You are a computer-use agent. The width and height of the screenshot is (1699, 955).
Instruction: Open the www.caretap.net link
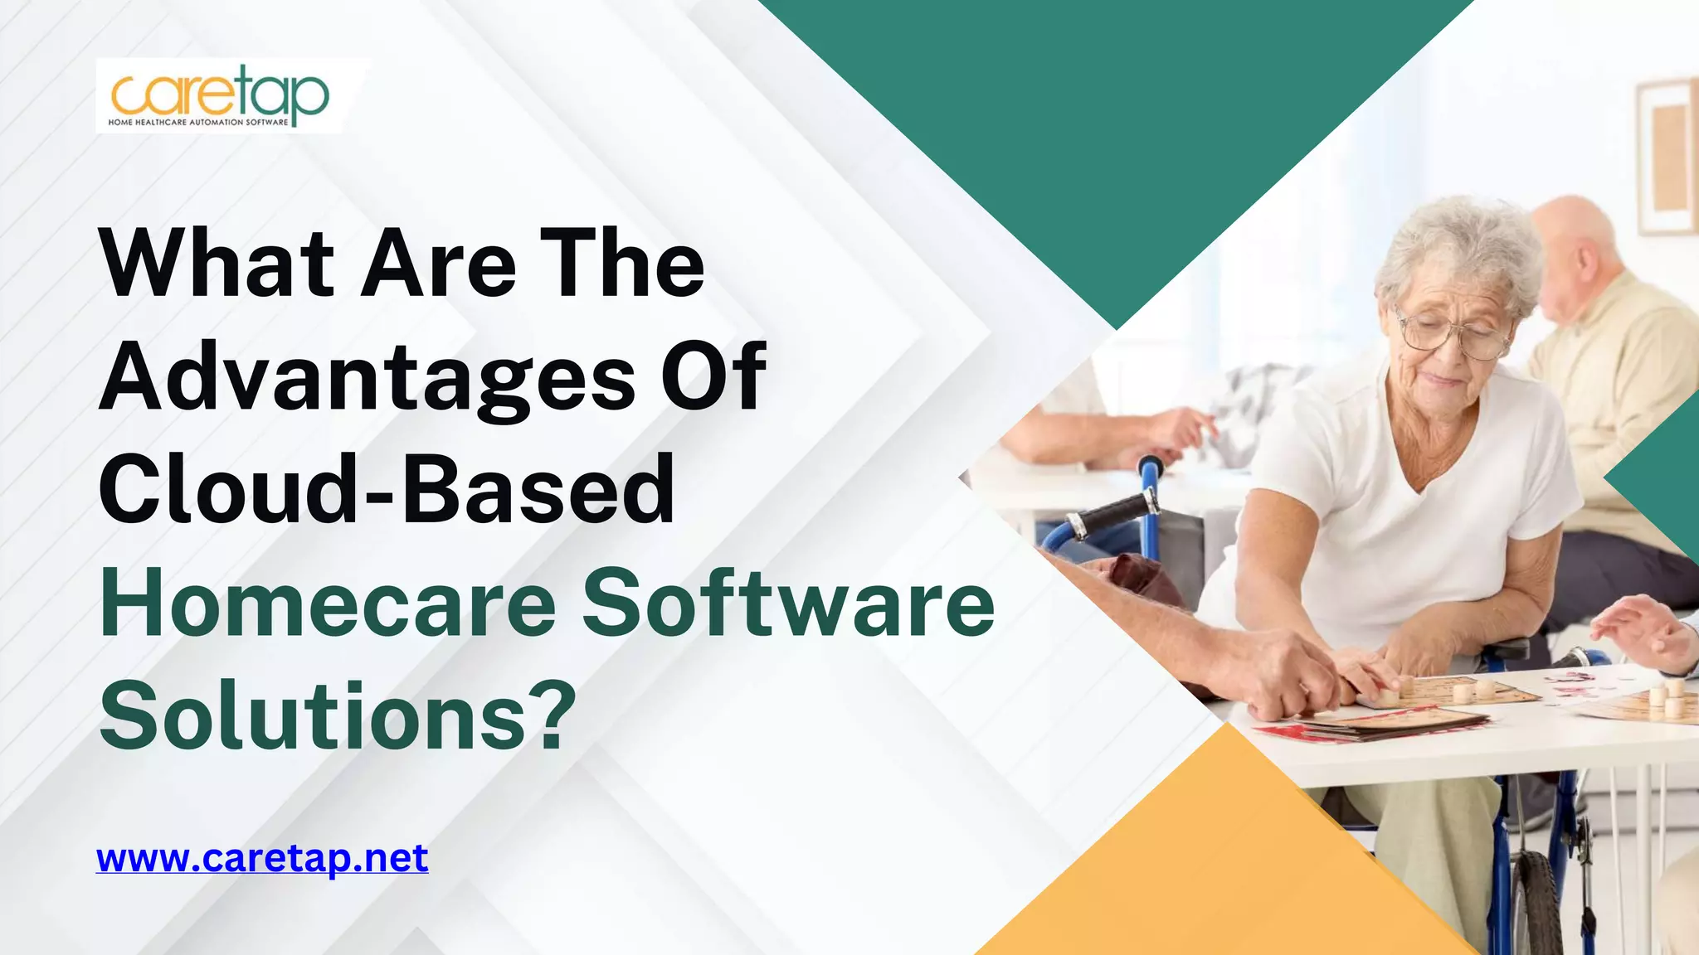pyautogui.click(x=262, y=858)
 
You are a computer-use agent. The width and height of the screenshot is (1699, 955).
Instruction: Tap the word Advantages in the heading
pyautogui.click(x=366, y=377)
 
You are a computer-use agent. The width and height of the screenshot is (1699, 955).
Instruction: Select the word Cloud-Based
pyautogui.click(x=386, y=489)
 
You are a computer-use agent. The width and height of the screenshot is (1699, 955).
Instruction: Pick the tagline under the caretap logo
pyautogui.click(x=198, y=123)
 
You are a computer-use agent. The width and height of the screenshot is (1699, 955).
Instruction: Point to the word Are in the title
pyautogui.click(x=439, y=264)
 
